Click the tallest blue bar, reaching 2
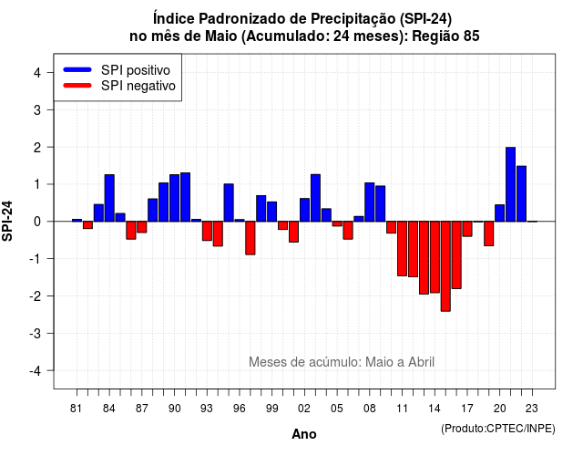point(510,184)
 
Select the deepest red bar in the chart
point(445,266)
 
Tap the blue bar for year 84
point(109,198)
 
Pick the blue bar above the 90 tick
point(174,198)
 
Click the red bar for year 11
point(402,248)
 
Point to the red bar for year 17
point(467,229)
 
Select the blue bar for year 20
point(500,212)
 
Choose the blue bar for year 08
point(370,202)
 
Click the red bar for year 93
point(207,231)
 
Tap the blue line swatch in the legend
point(77,69)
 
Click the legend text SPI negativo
point(138,86)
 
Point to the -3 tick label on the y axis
point(36,333)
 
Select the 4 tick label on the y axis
point(37,72)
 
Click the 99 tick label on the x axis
point(271,409)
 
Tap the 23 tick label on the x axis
point(532,409)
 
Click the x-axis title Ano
point(304,434)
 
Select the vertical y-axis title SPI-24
point(7,221)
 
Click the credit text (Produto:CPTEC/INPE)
point(498,429)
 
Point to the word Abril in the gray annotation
point(421,362)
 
